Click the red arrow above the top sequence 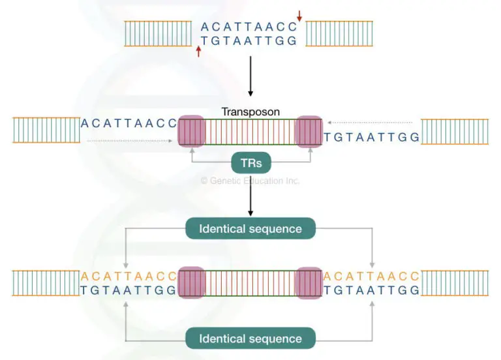(x=299, y=16)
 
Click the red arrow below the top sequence (x=198, y=51)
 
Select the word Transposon (x=250, y=112)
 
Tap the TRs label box (x=250, y=163)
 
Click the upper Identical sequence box (x=250, y=229)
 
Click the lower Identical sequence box (x=250, y=338)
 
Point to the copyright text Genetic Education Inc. (x=250, y=181)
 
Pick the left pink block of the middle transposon (x=191, y=130)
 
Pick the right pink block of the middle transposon (x=309, y=130)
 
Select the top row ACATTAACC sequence (x=249, y=27)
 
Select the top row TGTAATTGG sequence (x=249, y=40)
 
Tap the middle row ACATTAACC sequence (x=129, y=123)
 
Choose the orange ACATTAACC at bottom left (x=129, y=276)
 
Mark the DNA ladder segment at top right (x=339, y=33)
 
